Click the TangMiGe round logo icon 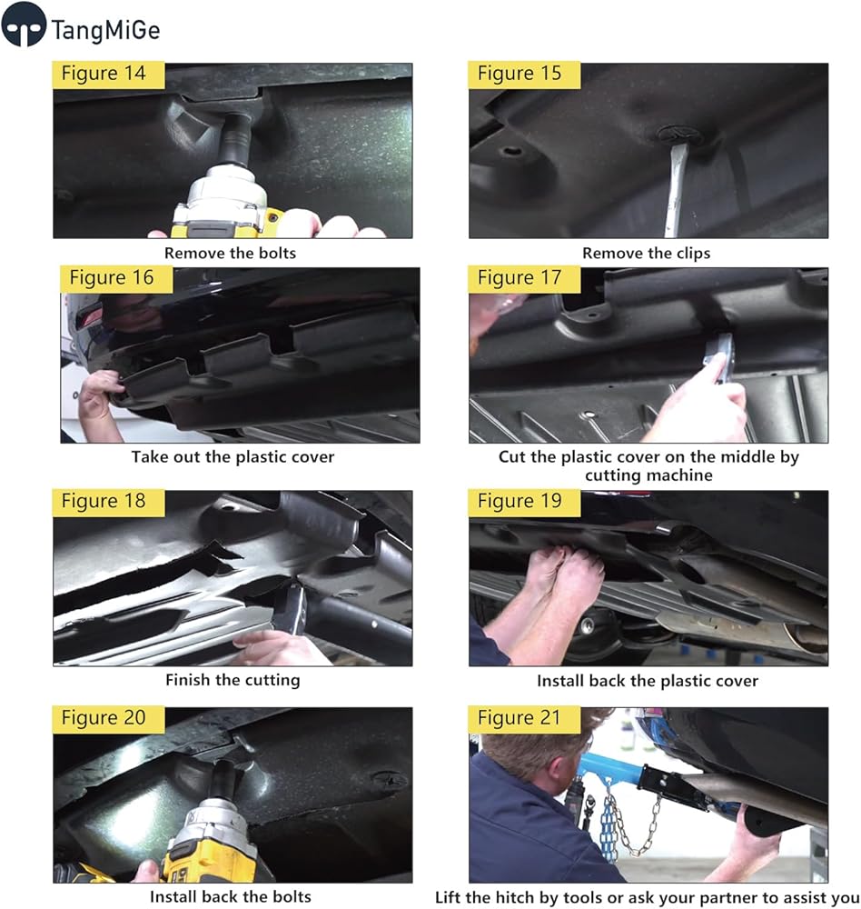24,25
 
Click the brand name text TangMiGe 105,30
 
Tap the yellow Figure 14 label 108,75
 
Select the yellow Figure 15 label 524,75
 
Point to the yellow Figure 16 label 116,279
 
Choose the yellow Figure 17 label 524,279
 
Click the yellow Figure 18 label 108,502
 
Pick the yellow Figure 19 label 524,502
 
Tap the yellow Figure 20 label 108,719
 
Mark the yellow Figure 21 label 524,719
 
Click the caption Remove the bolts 230,254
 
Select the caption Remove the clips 646,254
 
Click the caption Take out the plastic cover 233,457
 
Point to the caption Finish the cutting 233,680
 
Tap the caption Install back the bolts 231,897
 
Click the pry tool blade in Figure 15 676,191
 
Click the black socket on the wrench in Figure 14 236,139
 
